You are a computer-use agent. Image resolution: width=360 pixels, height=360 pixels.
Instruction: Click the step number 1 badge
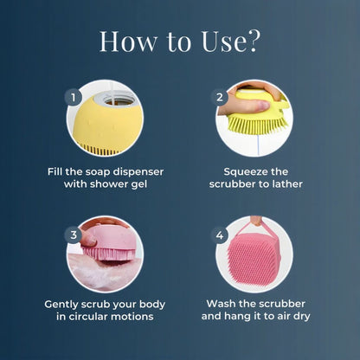(x=74, y=97)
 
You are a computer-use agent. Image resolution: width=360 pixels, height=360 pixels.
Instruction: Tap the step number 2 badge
(x=221, y=98)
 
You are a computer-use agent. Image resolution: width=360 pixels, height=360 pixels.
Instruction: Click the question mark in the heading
(x=254, y=41)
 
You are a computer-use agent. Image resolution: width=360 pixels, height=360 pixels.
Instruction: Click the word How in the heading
(x=129, y=41)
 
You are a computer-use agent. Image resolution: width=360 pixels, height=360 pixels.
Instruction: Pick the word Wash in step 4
(x=224, y=304)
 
